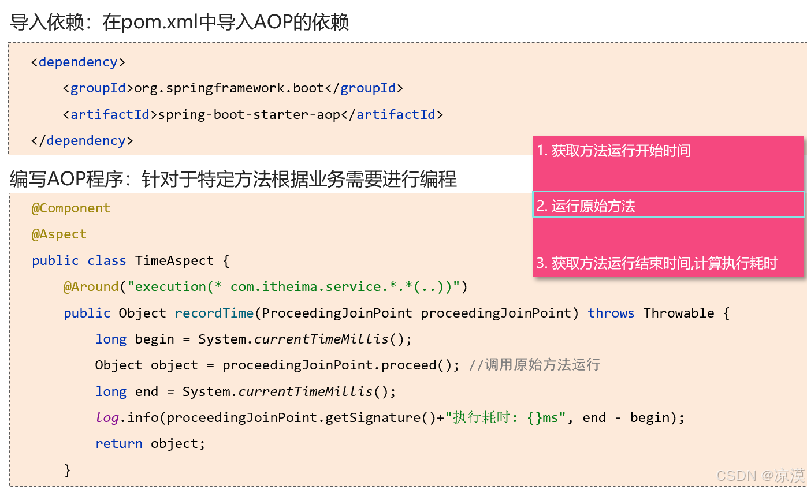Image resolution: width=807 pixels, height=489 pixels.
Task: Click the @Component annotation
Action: pos(70,208)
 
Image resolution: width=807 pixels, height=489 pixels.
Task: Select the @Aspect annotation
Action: pos(59,234)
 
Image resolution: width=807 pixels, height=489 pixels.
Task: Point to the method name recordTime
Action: pos(214,313)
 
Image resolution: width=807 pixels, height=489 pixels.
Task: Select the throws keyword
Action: pos(611,313)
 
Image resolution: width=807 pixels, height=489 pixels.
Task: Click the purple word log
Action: pos(107,417)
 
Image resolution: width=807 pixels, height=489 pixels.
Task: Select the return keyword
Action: pos(119,443)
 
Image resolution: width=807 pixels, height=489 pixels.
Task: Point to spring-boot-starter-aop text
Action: pos(249,114)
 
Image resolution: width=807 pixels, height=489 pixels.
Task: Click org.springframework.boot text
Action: pos(229,88)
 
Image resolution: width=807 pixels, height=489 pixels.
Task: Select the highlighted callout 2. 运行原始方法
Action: pos(586,206)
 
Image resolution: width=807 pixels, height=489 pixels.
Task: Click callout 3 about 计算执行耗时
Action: pos(657,264)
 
